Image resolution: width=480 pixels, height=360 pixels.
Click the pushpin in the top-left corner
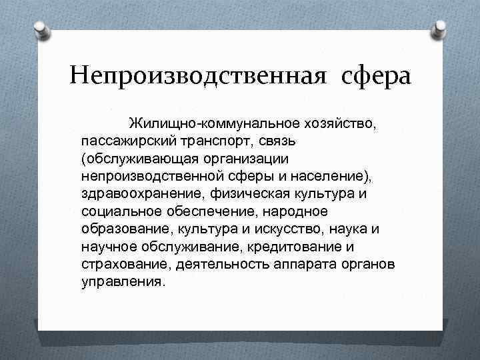(41, 29)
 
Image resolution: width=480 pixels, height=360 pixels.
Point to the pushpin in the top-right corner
(440, 29)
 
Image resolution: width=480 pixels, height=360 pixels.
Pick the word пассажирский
(127, 141)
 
